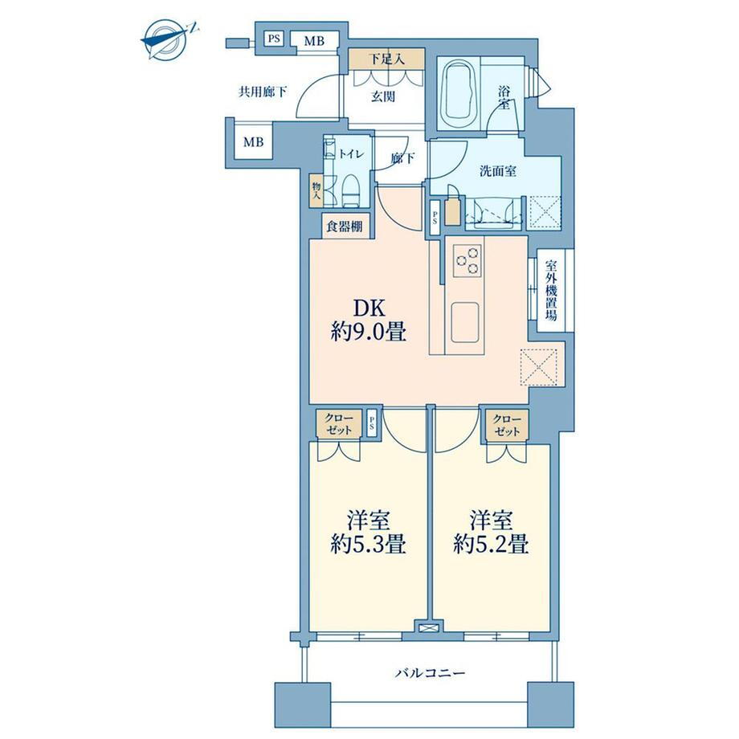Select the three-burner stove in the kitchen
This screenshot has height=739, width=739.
coord(467,260)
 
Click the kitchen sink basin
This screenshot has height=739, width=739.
coord(465,322)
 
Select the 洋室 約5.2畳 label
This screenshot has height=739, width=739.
coord(491,533)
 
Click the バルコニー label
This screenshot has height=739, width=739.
coord(430,672)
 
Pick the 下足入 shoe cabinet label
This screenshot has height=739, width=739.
coord(386,59)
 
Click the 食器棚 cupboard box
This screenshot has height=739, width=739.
coord(345,227)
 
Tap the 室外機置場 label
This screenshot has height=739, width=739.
coord(550,291)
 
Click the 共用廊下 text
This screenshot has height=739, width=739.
coord(263,92)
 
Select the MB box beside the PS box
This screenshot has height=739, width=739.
coord(314,41)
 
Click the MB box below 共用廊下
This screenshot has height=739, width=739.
coord(253,141)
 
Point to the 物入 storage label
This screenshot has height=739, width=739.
coord(316,191)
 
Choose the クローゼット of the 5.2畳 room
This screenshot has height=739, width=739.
coord(507,425)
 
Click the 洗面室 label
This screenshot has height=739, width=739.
coord(498,172)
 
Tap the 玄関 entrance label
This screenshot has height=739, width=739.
coord(383,97)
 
